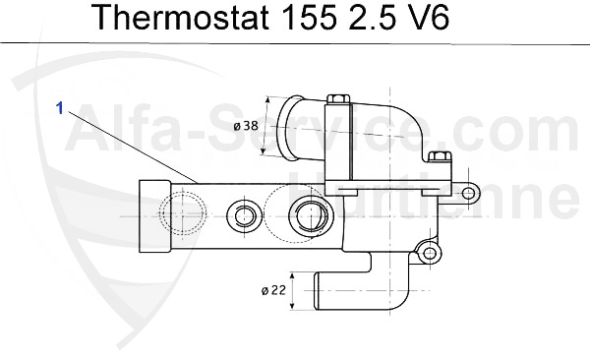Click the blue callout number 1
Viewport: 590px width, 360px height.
(60, 109)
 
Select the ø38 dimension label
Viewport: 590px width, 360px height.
(247, 126)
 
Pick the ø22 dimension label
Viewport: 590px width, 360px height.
(275, 290)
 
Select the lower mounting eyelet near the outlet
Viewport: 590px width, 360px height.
(429, 253)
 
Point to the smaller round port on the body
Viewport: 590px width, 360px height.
(243, 215)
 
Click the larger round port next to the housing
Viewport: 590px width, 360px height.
(310, 213)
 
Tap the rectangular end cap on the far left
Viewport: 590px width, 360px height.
(150, 215)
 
